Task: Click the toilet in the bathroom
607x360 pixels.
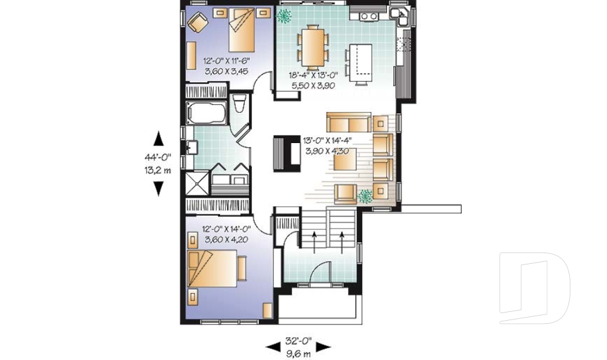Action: coord(239,104)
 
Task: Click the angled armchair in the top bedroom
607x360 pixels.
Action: coord(198,23)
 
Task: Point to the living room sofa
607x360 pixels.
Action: coord(348,121)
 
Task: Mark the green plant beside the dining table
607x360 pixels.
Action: coord(285,16)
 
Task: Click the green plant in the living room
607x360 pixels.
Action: coord(365,196)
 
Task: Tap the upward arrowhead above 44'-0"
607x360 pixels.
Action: coord(158,139)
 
